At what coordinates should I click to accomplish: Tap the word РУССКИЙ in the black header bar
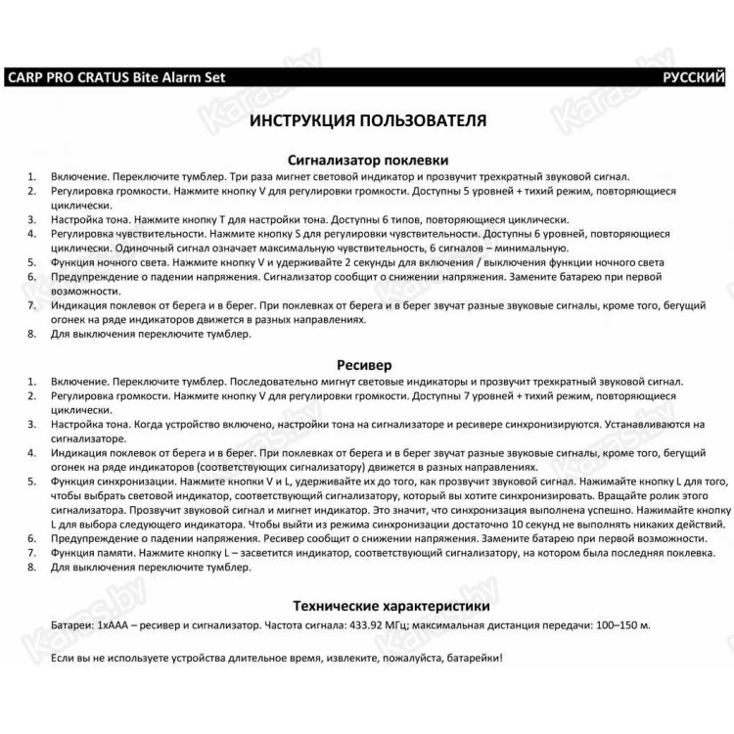[693, 77]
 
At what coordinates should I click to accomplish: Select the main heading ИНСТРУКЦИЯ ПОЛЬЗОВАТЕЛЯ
[367, 122]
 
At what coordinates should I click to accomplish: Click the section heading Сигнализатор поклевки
[367, 160]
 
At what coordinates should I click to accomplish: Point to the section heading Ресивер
[367, 365]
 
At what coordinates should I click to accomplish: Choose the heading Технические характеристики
[367, 606]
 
